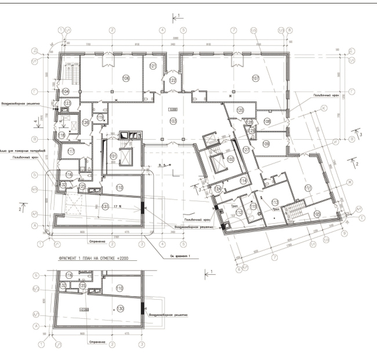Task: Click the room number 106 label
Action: [x=125, y=78]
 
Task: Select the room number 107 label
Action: [x=255, y=78]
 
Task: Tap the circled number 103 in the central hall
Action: [x=172, y=121]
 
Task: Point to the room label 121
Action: [x=154, y=67]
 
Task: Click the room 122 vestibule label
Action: [x=172, y=80]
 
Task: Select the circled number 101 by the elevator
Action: [x=114, y=156]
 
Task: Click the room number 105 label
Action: [x=317, y=214]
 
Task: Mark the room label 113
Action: [x=274, y=202]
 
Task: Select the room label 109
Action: [x=266, y=143]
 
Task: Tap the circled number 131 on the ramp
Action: [x=105, y=206]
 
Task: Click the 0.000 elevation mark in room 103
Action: [x=172, y=109]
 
